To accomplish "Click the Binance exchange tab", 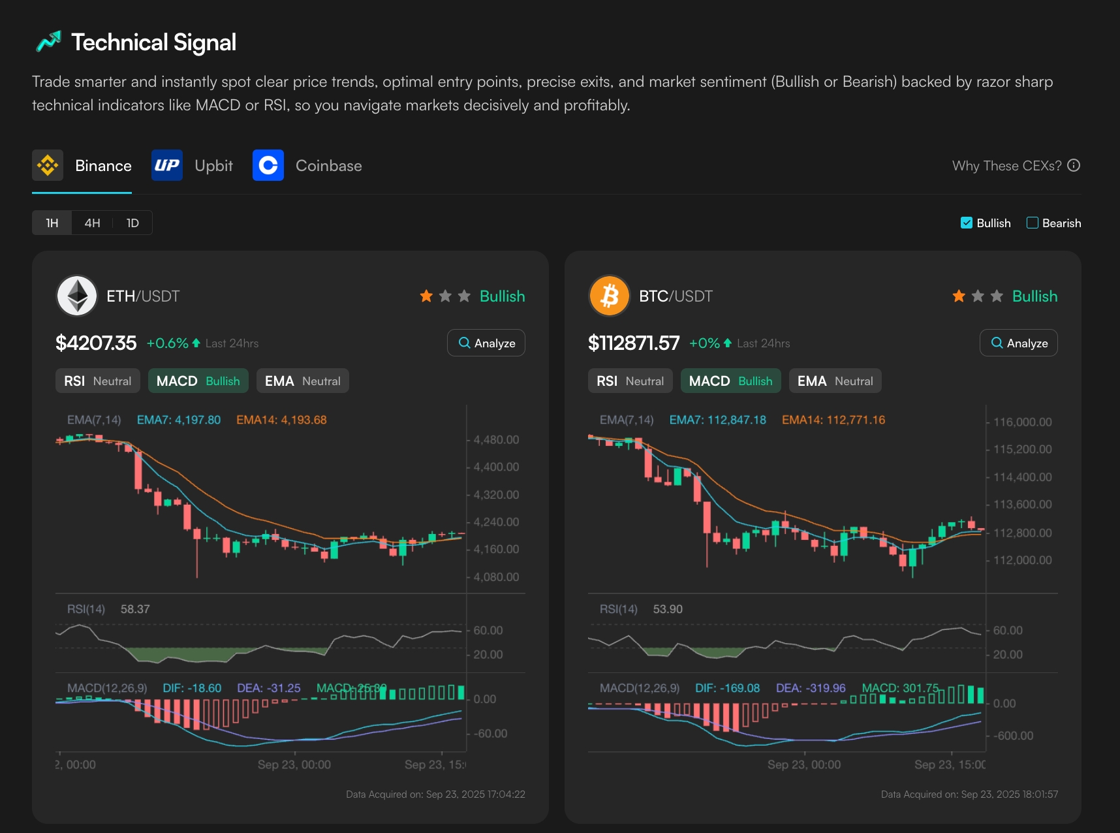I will (x=83, y=166).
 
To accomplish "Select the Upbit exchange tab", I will (x=193, y=166).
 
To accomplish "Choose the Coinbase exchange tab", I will (x=307, y=166).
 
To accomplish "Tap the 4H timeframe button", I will (x=92, y=223).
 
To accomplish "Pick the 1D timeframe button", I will (x=132, y=223).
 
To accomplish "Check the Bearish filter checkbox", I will (x=1033, y=223).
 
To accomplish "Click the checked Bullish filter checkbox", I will (x=967, y=223).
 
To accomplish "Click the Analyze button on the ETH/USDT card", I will (x=486, y=343).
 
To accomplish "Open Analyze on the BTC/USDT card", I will (x=1019, y=343).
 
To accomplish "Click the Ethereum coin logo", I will (x=77, y=296).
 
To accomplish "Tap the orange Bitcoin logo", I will (x=610, y=296).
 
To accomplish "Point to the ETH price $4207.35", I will (x=96, y=343).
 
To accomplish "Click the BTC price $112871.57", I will (x=634, y=343).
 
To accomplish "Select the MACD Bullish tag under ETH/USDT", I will (x=198, y=381).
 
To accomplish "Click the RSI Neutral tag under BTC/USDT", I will (x=630, y=381).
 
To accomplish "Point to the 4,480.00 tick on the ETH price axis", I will (x=496, y=440).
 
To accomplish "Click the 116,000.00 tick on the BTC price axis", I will (x=1022, y=422).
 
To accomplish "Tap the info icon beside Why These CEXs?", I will (x=1074, y=166).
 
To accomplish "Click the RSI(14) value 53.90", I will (x=668, y=609).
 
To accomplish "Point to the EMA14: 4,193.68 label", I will (x=281, y=420).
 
